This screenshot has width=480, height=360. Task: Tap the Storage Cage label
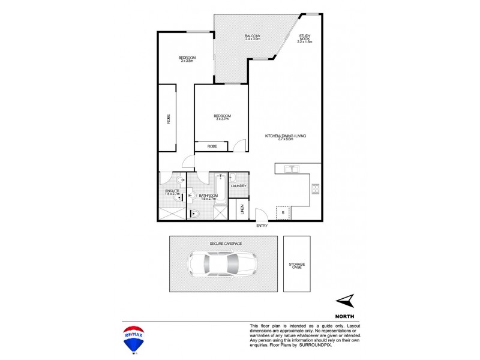pyautogui.click(x=297, y=265)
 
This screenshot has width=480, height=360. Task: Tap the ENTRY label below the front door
pyautogui.click(x=262, y=226)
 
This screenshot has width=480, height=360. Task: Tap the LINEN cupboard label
pyautogui.click(x=242, y=209)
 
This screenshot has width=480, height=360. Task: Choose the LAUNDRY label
pyautogui.click(x=238, y=186)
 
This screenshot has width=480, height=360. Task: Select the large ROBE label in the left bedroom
pyautogui.click(x=168, y=119)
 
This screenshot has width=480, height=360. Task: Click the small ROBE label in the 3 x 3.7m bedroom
pyautogui.click(x=212, y=146)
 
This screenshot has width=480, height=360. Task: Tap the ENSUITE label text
pyautogui.click(x=172, y=191)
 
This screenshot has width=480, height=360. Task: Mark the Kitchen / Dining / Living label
pyautogui.click(x=286, y=136)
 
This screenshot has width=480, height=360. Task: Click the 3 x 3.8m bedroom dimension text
pyautogui.click(x=187, y=61)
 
